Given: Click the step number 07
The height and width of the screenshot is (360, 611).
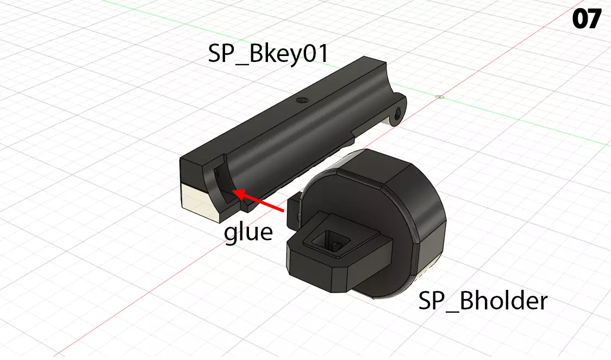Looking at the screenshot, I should [x=586, y=20].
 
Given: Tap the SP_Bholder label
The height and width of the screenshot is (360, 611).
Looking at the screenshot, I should [x=483, y=300].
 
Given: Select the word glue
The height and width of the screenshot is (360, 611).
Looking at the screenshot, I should [x=248, y=232].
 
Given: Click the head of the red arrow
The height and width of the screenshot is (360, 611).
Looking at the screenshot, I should [x=233, y=191].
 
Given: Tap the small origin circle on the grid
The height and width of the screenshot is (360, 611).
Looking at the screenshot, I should [x=440, y=97].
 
